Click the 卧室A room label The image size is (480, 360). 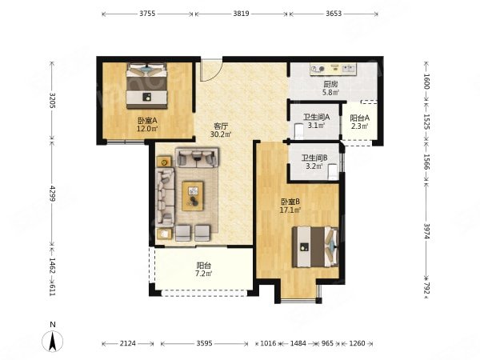[x=147, y=121]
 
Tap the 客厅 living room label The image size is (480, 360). [x=221, y=126]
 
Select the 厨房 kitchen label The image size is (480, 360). [x=330, y=84]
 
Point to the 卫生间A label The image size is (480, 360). [x=317, y=117]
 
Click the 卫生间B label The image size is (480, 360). [x=314, y=158]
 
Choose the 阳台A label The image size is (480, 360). [x=360, y=118]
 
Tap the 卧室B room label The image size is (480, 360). [x=290, y=202]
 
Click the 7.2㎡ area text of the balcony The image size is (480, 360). [x=204, y=274]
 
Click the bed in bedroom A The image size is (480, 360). [x=147, y=86]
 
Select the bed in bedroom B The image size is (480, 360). [x=315, y=246]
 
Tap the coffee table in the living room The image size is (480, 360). [x=193, y=196]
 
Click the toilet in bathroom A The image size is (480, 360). [x=298, y=131]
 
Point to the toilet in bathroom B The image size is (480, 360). [x=333, y=172]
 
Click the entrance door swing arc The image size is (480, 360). [x=215, y=75]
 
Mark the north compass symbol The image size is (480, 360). [x=53, y=341]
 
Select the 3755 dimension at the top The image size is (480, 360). [x=147, y=14]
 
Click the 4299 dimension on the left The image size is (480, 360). [x=52, y=194]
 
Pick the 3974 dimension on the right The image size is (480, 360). [x=426, y=231]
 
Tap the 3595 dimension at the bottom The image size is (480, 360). [x=204, y=343]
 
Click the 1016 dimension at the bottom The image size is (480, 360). [x=268, y=343]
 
